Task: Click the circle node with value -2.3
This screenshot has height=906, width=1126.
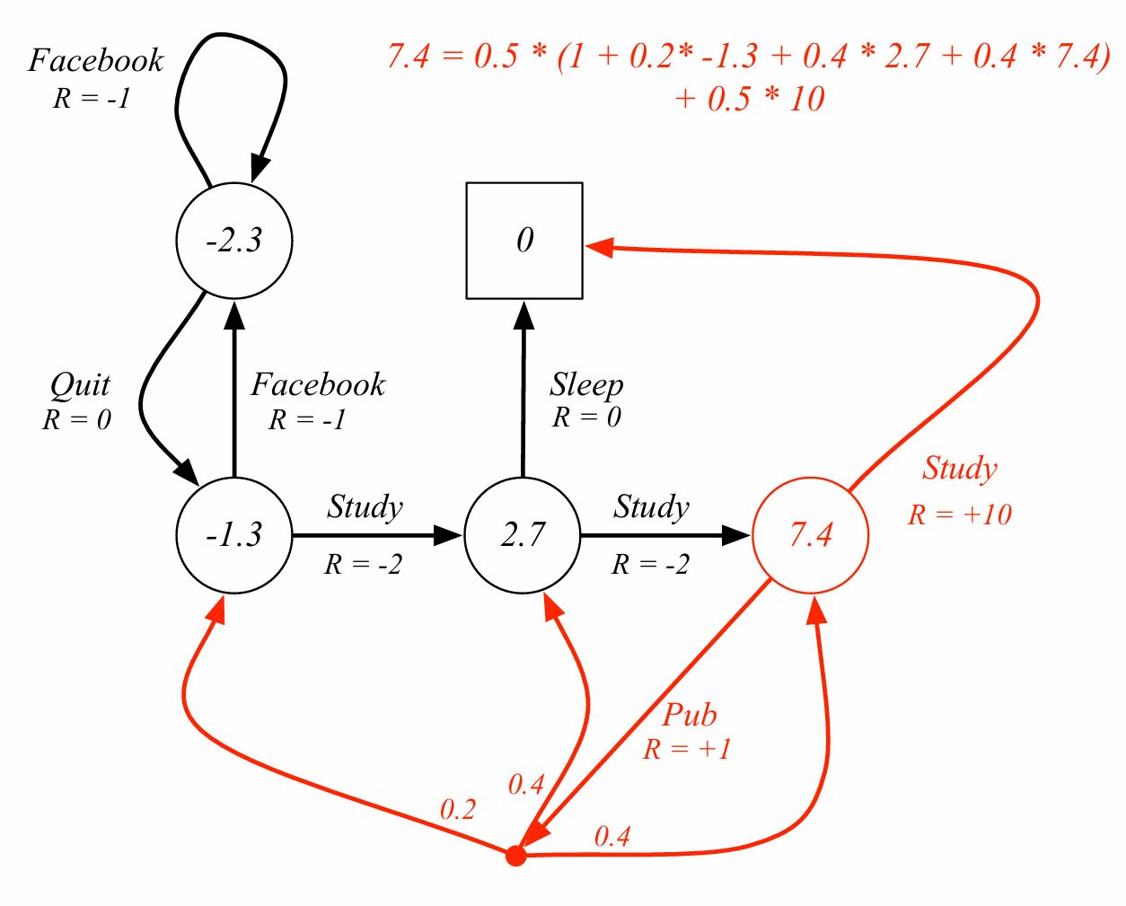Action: pos(234,241)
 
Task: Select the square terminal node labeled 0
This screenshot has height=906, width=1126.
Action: pos(524,241)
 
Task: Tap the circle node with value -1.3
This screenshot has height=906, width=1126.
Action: pos(234,535)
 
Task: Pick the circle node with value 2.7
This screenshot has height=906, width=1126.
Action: pos(523,535)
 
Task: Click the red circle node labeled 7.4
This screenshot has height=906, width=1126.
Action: pos(810,535)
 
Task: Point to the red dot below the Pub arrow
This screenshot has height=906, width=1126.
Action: pos(515,856)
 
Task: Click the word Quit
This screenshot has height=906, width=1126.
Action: pos(80,385)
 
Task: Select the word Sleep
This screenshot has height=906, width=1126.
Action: pos(586,385)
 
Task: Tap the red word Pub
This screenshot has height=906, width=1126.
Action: pos(690,715)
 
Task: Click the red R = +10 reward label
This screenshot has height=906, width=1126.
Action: pos(959,515)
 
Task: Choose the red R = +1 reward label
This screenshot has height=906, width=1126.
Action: pos(687,749)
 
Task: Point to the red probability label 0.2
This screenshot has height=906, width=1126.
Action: pos(457,810)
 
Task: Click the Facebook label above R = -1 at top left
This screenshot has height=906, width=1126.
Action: pos(96,60)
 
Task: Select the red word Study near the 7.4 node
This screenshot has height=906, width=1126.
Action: pos(959,468)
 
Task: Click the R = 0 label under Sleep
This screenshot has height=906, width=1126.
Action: pos(586,418)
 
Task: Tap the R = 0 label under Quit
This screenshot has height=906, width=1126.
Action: pos(76,419)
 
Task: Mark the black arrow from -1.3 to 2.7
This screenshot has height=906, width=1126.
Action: pos(377,535)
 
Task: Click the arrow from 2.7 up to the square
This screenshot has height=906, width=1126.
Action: pos(523,395)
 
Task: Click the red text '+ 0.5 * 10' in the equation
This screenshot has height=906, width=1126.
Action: pos(749,99)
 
